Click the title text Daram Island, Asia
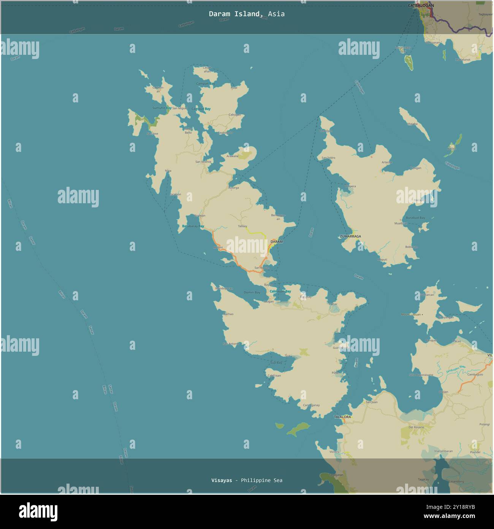point(247,14)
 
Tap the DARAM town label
point(276,242)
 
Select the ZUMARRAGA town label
point(350,236)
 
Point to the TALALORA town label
point(342,417)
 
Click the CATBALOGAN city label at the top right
point(421,6)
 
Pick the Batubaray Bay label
point(193,226)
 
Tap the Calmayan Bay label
point(280,292)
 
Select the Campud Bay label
point(201,109)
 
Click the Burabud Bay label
point(415,218)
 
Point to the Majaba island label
point(412,124)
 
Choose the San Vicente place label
point(203,162)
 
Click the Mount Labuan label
point(411,315)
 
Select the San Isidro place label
point(328,158)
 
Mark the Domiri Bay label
point(252,292)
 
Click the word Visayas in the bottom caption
point(222,480)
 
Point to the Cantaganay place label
point(311,405)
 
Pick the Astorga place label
point(233,188)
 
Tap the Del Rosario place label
point(416,427)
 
